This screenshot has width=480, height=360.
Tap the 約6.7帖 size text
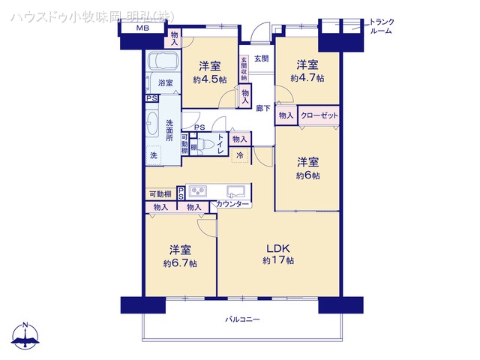tap(180, 263)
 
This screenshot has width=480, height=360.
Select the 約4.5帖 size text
tap(210, 79)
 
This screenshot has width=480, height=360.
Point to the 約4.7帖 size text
tap(307, 77)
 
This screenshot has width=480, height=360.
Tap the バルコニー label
tap(241, 319)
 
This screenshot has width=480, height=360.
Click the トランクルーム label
tap(382, 28)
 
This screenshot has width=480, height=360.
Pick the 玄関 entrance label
tap(260, 58)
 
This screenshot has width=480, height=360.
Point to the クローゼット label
tap(319, 115)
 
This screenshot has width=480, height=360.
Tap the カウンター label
tap(232, 205)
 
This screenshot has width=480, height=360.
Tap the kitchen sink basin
tap(234, 190)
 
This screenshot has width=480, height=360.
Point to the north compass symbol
tap(25, 335)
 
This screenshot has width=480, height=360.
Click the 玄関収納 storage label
tap(244, 70)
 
